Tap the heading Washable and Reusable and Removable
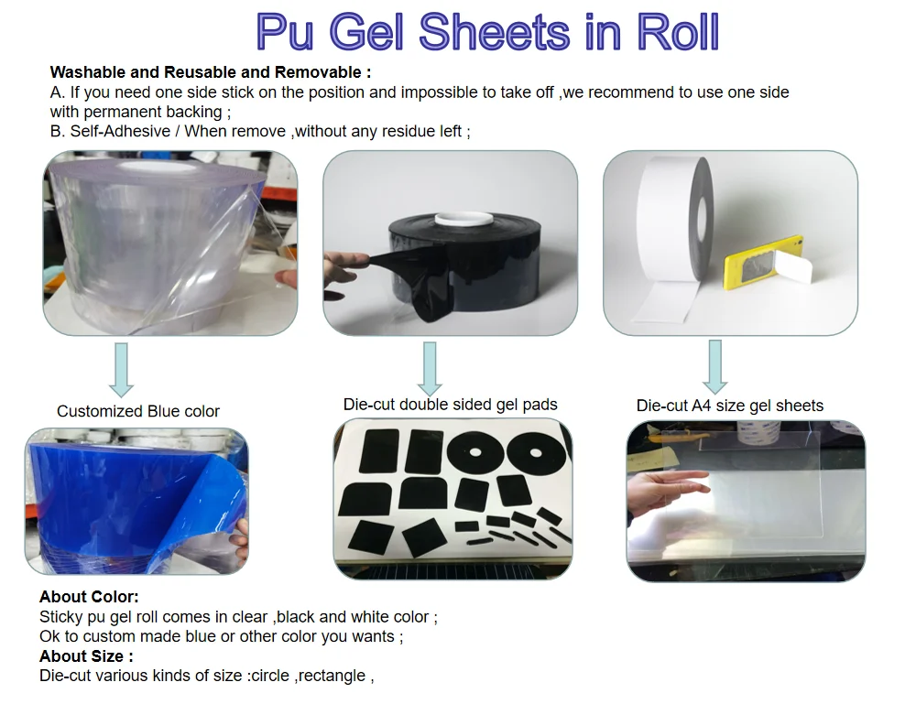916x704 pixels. (211, 72)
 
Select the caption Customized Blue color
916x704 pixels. (138, 412)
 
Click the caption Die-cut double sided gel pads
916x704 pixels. (450, 405)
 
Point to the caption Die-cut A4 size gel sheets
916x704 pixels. (730, 406)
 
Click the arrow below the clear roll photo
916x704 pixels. (122, 370)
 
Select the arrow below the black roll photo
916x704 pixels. (430, 369)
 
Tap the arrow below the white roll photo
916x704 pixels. (715, 367)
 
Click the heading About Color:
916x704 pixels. (89, 597)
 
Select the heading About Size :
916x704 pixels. (86, 656)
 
